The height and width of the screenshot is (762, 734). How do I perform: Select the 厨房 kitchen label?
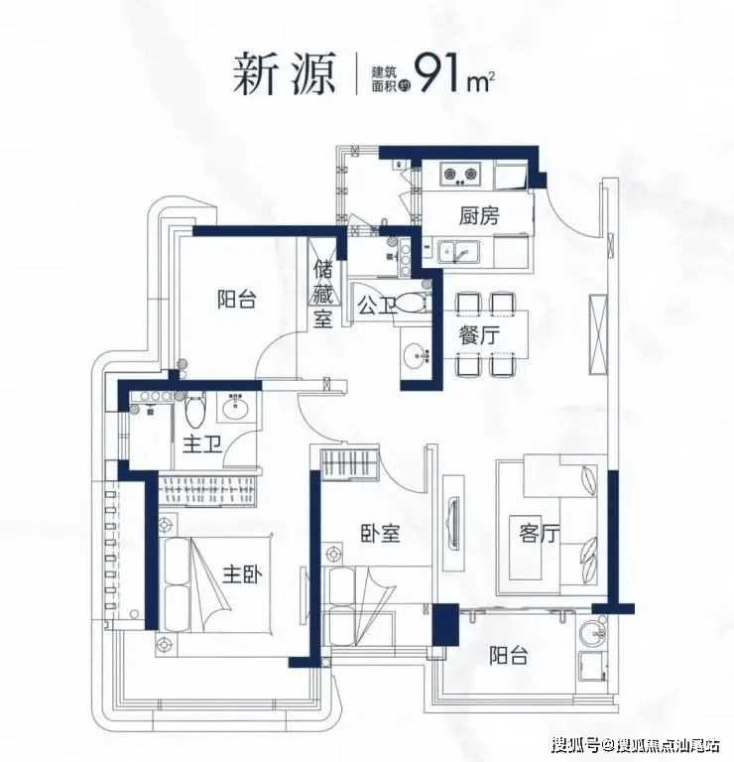[479, 217]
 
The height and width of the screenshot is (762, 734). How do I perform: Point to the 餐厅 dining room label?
[478, 334]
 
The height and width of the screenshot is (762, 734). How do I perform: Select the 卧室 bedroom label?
[380, 533]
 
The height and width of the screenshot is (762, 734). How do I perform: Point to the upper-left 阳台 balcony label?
[236, 299]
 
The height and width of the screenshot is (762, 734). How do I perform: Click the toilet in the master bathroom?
[194, 410]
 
